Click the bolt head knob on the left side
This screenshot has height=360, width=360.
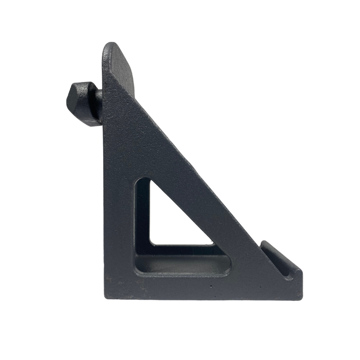tap(83, 103)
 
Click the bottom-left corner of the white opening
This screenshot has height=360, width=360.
tap(152, 243)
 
